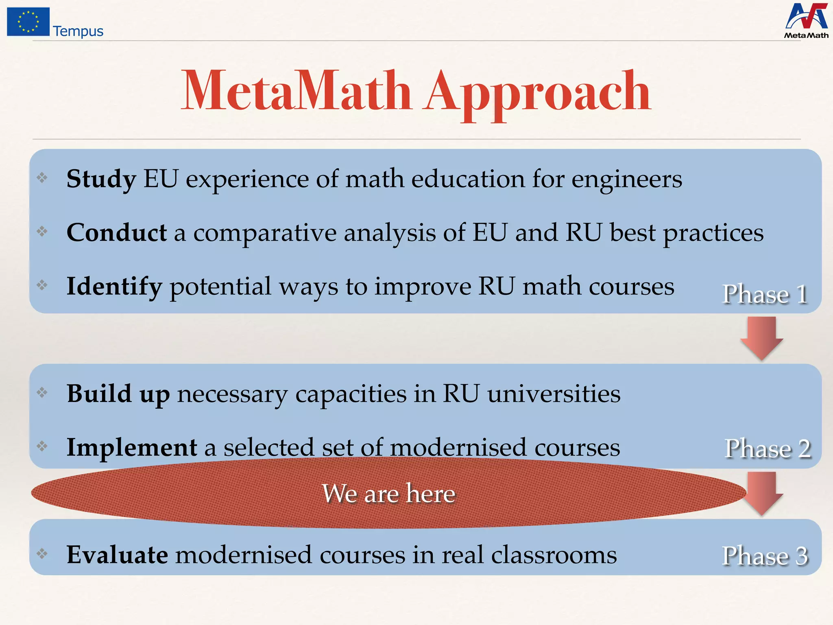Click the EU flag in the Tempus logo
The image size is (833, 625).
28,22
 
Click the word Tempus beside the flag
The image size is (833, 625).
78,31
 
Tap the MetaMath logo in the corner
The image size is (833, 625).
806,21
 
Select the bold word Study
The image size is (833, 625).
101,179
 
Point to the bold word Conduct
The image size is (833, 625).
117,233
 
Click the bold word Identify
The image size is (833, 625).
114,286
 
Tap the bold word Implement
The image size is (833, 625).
132,448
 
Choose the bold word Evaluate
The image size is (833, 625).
117,555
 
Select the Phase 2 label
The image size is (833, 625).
768,448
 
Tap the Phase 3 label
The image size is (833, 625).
765,555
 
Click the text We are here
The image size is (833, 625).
388,494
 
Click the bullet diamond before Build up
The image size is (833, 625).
42,393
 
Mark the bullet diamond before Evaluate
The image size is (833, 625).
42,553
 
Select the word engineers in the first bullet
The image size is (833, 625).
627,179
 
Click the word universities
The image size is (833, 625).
554,394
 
